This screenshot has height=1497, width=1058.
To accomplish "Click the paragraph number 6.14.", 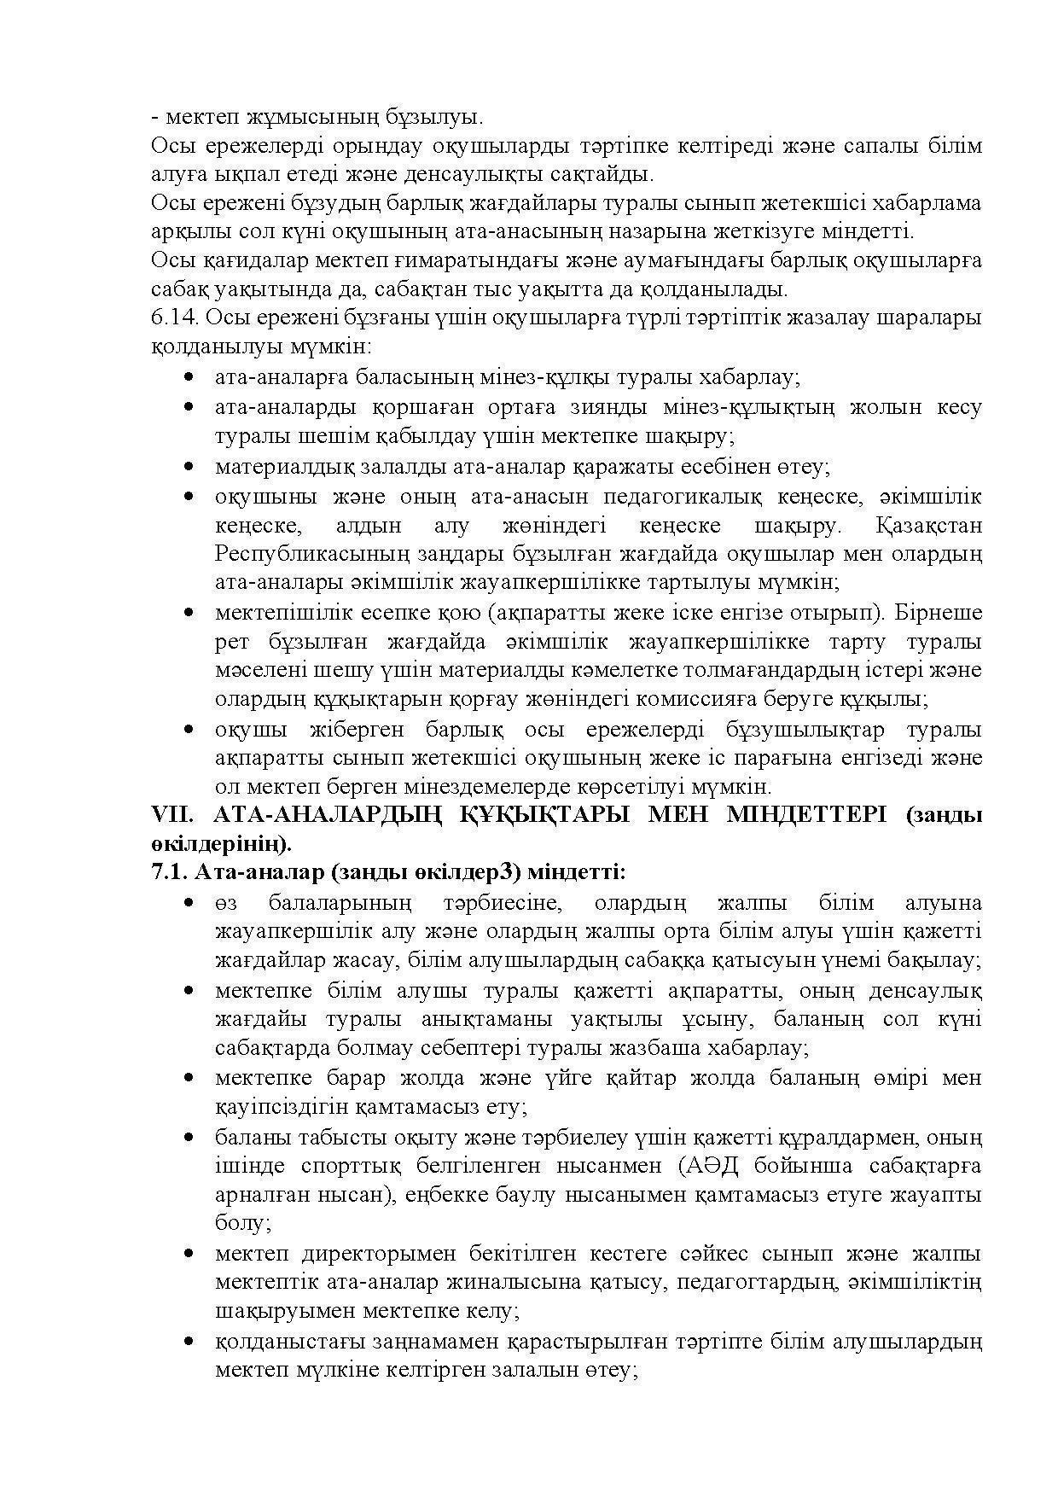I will click(174, 318).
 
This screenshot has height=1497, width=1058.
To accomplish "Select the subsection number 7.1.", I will click(168, 872).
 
